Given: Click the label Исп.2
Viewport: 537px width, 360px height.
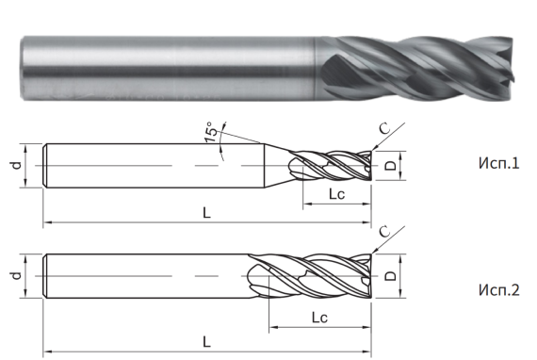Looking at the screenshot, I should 498,290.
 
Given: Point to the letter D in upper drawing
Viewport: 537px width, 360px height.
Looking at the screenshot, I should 389,167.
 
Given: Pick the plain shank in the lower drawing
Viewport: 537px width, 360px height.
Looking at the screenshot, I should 141,277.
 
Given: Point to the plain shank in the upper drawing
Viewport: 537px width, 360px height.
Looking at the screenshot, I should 151,164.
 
